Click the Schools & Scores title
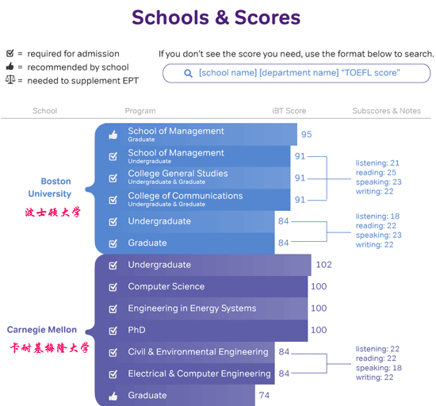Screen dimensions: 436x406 (x=216, y=17)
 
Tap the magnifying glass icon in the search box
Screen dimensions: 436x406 (x=188, y=74)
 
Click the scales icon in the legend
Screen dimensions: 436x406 (x=10, y=80)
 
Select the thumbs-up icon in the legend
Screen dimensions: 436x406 (x=10, y=67)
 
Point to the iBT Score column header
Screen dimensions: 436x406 (x=289, y=111)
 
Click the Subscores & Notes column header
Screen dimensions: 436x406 (x=387, y=111)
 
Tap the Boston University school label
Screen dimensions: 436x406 (x=50, y=187)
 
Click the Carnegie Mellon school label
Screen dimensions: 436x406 (x=42, y=330)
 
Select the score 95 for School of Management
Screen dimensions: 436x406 (x=307, y=134)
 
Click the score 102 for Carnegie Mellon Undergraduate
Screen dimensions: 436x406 (x=324, y=265)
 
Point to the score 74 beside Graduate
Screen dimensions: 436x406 (x=264, y=395)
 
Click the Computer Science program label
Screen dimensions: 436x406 (x=166, y=286)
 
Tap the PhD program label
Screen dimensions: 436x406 (x=136, y=330)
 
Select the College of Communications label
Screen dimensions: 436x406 (x=185, y=196)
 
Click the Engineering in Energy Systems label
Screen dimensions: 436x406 (x=192, y=308)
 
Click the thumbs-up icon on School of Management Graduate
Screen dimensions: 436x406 (x=113, y=135)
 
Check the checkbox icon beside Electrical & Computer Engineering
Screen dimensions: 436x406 (x=113, y=374)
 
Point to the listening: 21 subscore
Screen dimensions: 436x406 (x=377, y=163)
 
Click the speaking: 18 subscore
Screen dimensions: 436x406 (x=379, y=368)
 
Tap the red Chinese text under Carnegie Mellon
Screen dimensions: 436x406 (x=49, y=348)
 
